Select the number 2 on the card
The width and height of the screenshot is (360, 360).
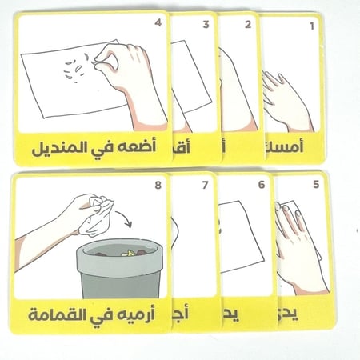248,26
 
